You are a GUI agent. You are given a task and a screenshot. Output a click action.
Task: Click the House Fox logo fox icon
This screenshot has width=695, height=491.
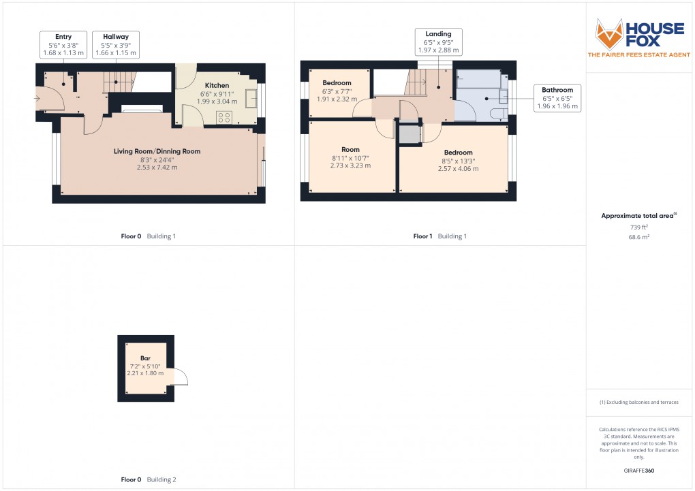point(611,33)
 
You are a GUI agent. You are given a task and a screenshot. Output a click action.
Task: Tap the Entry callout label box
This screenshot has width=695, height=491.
point(63,44)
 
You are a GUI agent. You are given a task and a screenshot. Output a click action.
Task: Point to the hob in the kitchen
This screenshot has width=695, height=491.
point(224,117)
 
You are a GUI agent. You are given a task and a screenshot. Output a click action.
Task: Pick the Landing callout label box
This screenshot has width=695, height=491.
point(438,42)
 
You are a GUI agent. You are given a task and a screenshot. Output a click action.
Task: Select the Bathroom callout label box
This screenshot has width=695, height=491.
point(557,98)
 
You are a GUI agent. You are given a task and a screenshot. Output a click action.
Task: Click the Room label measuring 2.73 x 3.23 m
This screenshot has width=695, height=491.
point(351,157)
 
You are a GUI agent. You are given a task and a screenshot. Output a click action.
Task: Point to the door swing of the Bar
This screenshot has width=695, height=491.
point(181,377)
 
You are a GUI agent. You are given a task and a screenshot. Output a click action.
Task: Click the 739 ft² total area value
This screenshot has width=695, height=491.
point(639,227)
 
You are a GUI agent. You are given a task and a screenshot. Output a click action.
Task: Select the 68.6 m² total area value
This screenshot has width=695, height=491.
point(639,236)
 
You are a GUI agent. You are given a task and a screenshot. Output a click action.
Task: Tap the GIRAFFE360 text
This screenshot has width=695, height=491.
point(639,471)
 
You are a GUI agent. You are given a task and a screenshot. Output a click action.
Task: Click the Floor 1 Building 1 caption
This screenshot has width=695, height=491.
point(440,236)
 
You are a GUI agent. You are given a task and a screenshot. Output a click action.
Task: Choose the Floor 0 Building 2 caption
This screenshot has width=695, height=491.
point(149,479)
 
